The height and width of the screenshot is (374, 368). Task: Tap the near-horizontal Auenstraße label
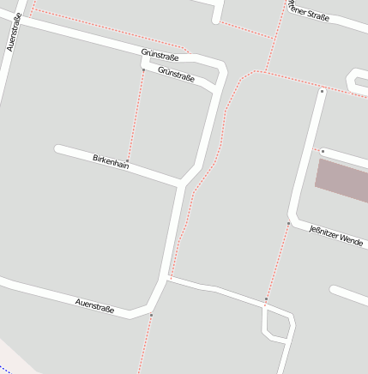tap(94, 305)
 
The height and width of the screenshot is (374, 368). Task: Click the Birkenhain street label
tap(111, 160)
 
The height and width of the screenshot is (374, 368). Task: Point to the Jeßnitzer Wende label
tap(335, 235)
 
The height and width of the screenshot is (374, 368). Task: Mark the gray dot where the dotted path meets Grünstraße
tap(143, 69)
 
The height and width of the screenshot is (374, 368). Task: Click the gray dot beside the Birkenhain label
tap(127, 161)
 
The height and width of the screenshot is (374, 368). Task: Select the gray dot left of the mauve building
tap(323, 151)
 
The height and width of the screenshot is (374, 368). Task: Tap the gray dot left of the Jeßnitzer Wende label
tap(289, 223)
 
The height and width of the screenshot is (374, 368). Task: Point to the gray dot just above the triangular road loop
tap(266, 299)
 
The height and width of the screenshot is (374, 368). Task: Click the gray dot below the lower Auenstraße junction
tap(151, 316)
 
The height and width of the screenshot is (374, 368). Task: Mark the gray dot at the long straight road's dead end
tap(322, 90)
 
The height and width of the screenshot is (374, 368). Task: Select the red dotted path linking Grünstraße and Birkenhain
tap(135, 116)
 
